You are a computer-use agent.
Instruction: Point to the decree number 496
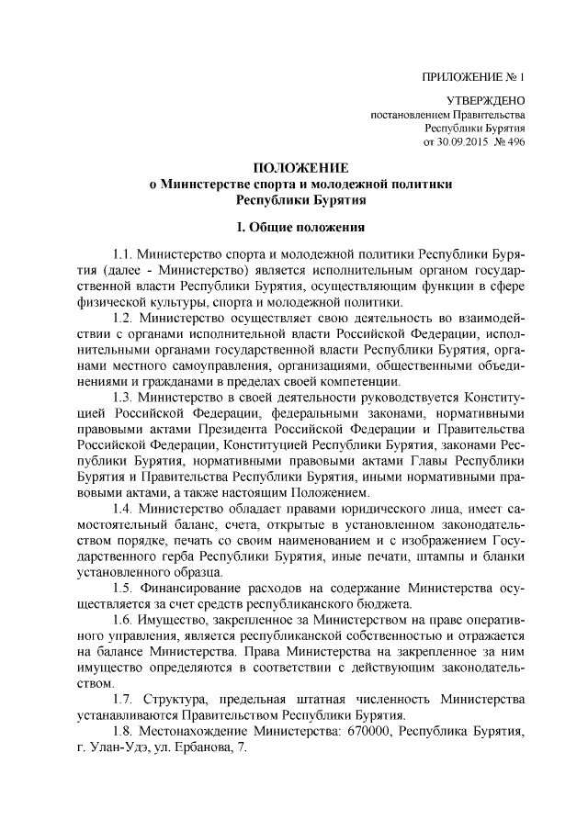[x=514, y=143]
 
